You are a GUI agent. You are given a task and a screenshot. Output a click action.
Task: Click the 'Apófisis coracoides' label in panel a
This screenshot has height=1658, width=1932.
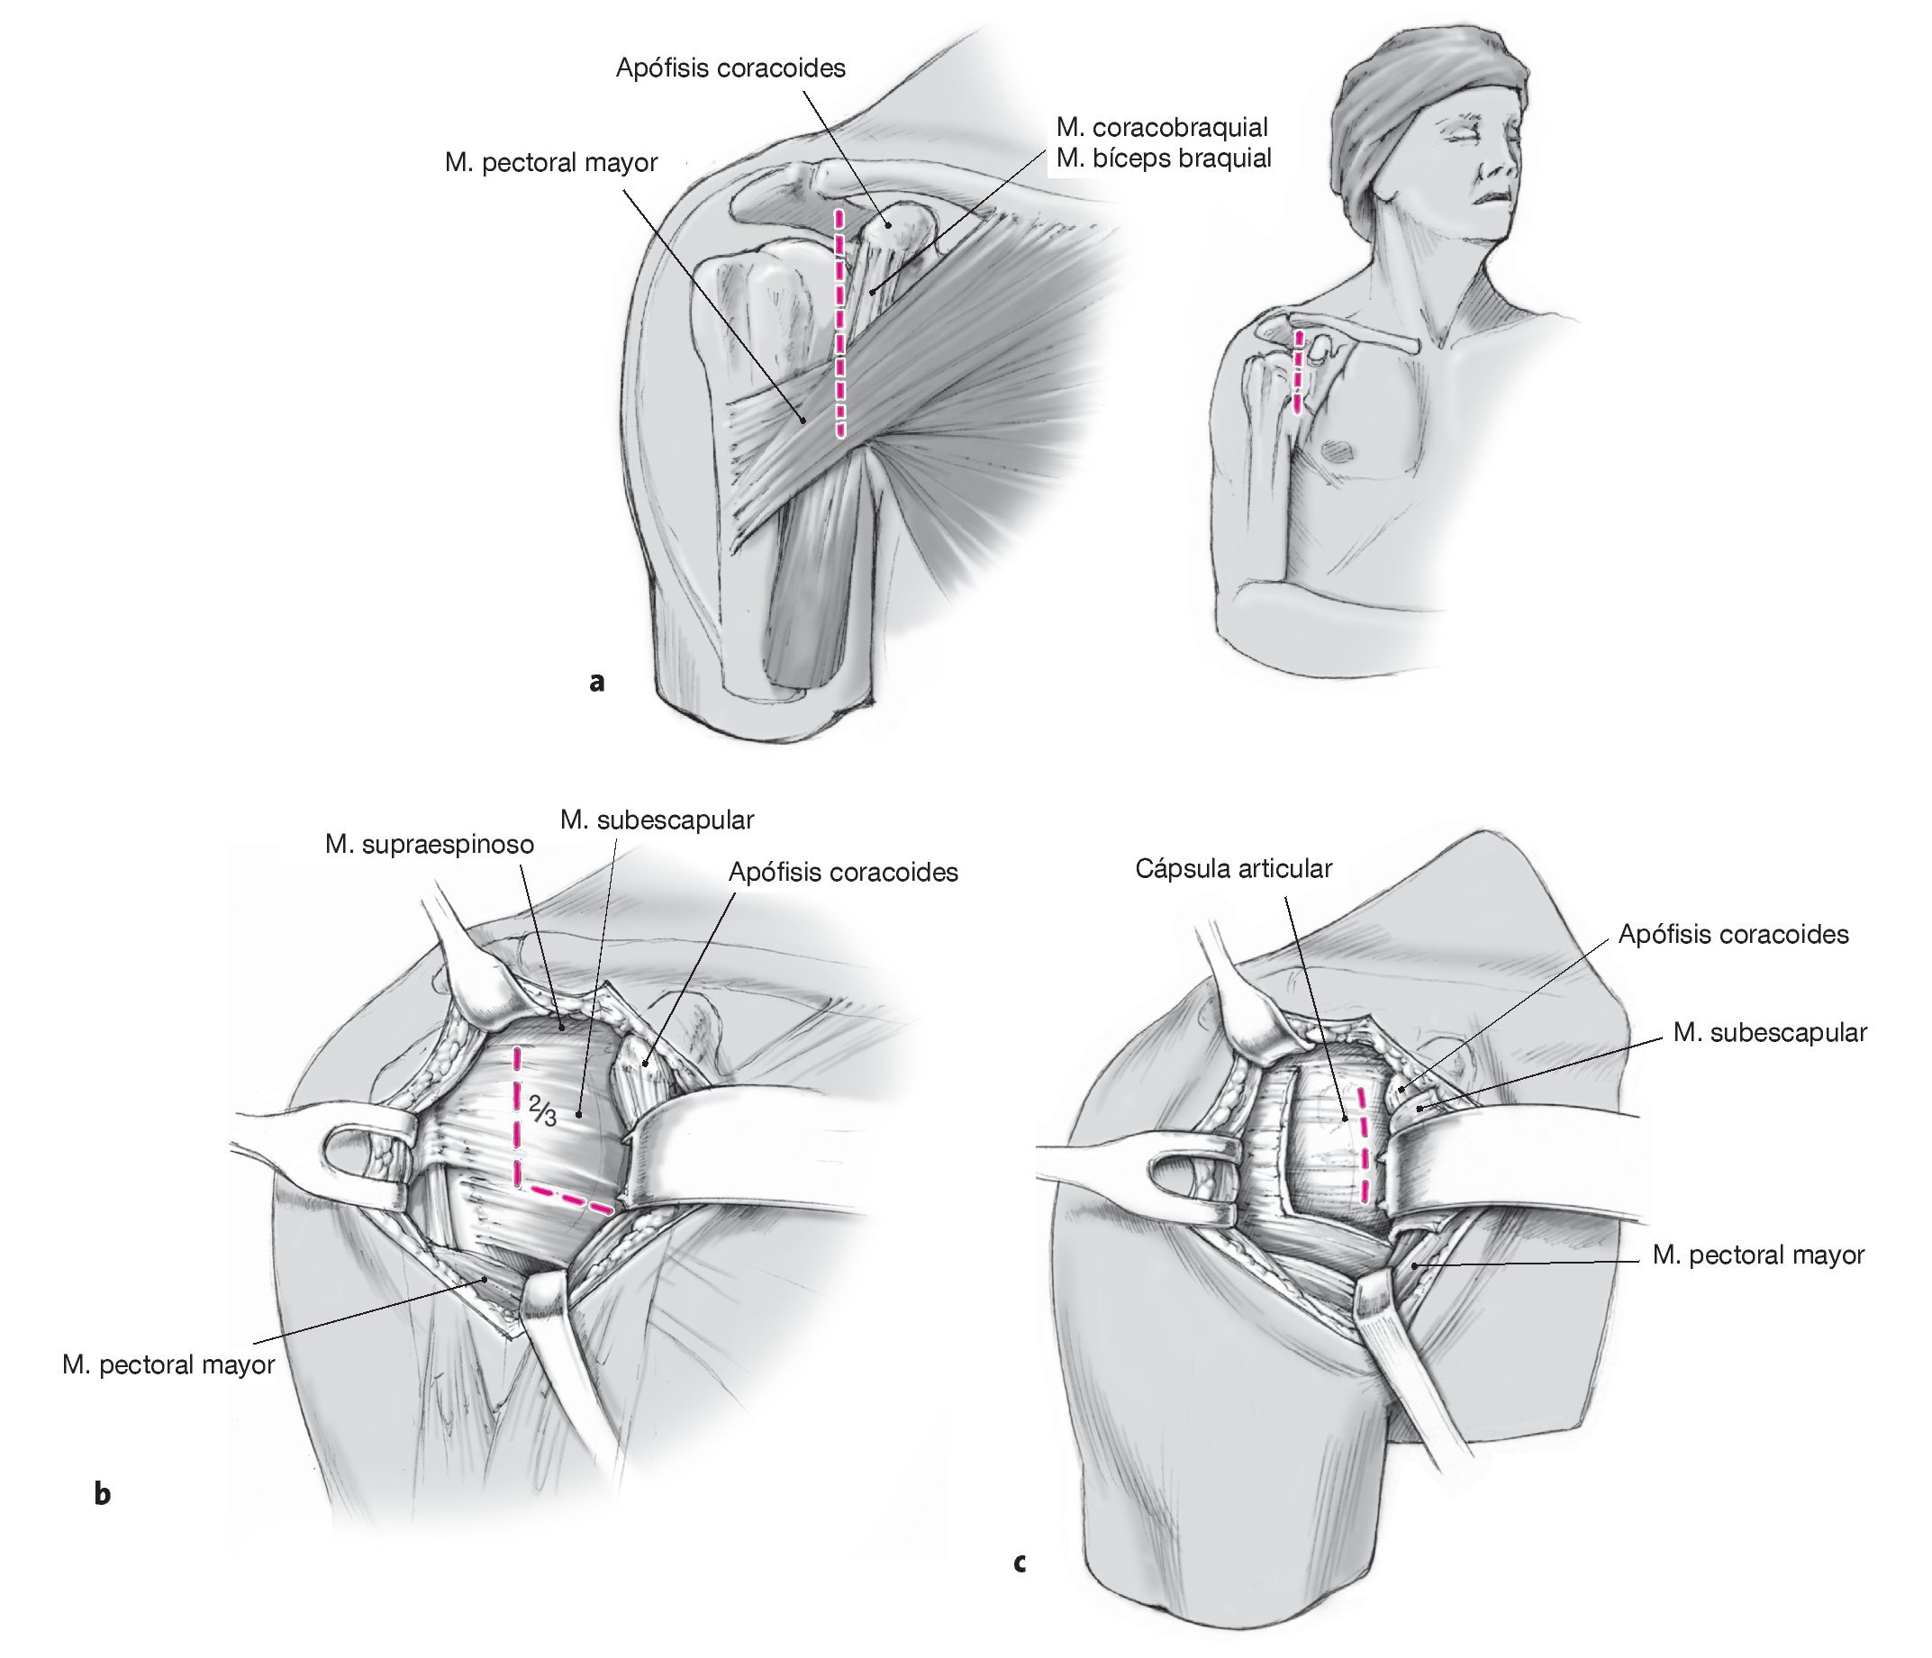[730, 68]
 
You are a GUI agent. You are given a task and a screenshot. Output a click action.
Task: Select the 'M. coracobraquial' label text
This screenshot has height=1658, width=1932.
[1162, 127]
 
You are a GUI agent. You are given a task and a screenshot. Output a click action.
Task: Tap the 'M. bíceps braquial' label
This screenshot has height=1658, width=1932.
[1164, 159]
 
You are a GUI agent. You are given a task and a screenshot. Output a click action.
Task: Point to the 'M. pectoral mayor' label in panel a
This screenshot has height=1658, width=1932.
[551, 162]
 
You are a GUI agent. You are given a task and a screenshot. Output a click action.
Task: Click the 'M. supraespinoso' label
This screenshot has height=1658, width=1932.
[429, 845]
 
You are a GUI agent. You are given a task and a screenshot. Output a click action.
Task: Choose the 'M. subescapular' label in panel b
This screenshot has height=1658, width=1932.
[657, 820]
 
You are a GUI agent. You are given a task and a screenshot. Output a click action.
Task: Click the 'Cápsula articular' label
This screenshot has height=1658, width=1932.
[1233, 868]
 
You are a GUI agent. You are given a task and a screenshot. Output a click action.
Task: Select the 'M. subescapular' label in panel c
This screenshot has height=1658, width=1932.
[1770, 1032]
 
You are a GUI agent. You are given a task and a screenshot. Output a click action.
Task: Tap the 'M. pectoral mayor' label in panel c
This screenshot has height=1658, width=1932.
[1757, 1255]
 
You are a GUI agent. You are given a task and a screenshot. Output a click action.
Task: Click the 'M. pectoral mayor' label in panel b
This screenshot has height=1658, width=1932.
[168, 1364]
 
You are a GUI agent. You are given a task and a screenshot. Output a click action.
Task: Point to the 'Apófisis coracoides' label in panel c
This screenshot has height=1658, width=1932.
[1732, 935]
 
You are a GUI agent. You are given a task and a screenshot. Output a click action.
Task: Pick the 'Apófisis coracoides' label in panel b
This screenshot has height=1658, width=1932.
[843, 872]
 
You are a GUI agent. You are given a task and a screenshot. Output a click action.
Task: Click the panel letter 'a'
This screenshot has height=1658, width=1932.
[597, 682]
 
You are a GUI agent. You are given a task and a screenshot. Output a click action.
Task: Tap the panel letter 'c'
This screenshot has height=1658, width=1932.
[1020, 1562]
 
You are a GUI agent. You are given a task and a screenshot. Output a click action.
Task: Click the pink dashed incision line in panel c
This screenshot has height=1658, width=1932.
[1365, 1143]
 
